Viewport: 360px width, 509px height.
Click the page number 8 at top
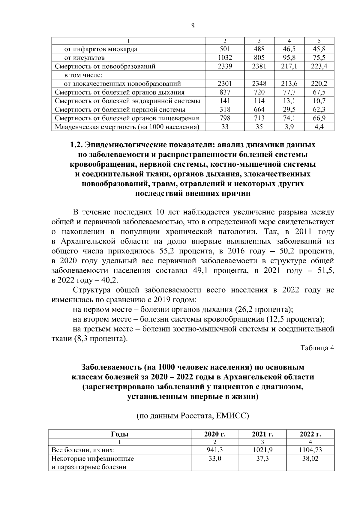tap(193, 26)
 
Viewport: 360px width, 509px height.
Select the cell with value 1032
tap(225, 58)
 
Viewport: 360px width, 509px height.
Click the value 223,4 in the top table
tap(319, 66)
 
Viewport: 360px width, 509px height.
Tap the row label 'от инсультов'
tap(85, 58)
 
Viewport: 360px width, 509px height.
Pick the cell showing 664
tap(259, 109)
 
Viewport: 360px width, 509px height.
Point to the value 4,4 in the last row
tap(319, 127)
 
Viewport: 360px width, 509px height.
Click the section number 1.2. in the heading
tap(76, 145)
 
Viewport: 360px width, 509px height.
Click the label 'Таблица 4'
tap(317, 348)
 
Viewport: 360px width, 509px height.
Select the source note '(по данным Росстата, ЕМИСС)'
tap(193, 416)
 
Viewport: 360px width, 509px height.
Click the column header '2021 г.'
tap(262, 434)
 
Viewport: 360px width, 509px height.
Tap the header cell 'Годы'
tap(120, 434)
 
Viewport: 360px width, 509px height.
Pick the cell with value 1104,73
tap(310, 450)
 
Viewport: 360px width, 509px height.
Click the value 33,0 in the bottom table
tap(215, 458)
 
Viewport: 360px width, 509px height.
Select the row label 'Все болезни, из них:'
tap(83, 450)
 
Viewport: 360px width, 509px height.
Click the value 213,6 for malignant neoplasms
tap(289, 84)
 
